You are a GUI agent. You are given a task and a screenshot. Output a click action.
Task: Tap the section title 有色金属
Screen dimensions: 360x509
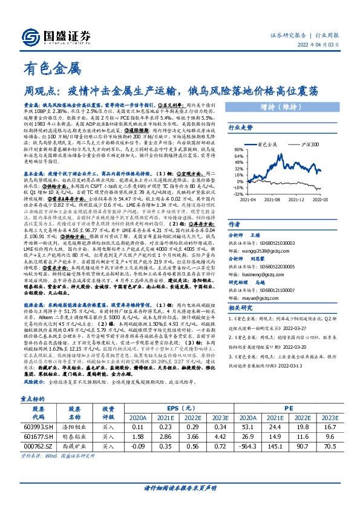tap(51, 68)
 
